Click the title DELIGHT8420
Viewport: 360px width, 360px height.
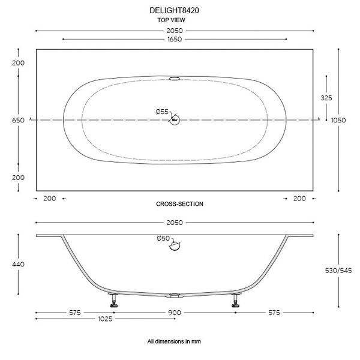click(x=174, y=11)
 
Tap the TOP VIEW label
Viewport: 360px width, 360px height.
click(x=171, y=20)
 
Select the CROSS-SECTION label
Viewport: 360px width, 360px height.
click(x=179, y=204)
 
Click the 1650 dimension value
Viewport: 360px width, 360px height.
click(x=175, y=39)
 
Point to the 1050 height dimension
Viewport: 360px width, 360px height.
click(x=338, y=121)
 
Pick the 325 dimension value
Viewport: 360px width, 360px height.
click(x=326, y=98)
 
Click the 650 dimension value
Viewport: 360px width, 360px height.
click(x=18, y=121)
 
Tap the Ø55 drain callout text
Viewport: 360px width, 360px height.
click(x=162, y=112)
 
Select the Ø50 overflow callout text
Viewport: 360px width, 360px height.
click(x=163, y=239)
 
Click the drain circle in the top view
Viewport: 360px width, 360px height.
click(x=175, y=120)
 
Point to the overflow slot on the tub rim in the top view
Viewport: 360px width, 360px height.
click(x=175, y=79)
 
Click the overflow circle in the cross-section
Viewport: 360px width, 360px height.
click(x=175, y=245)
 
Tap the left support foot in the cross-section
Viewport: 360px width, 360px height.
click(x=113, y=301)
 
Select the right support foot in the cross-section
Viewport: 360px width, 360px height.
click(x=236, y=301)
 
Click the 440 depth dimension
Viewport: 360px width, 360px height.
click(x=18, y=265)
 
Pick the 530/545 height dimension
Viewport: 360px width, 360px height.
click(x=338, y=271)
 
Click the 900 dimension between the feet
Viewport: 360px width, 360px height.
click(x=175, y=313)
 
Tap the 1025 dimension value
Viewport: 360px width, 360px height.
click(x=105, y=319)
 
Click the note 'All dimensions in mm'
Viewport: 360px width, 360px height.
click(x=174, y=341)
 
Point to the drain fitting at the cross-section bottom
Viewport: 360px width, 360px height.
click(x=175, y=295)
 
